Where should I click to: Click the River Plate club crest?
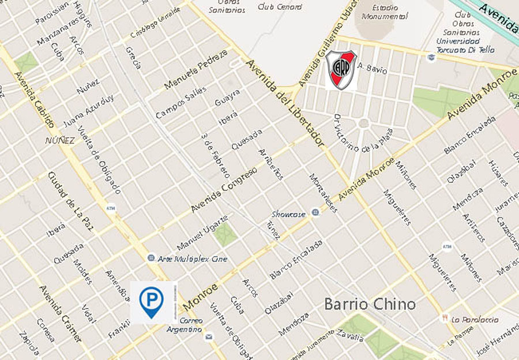coord(341,70)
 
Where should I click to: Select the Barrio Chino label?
coord(370,303)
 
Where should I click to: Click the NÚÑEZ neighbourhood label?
coord(60,140)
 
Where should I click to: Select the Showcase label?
coord(289,213)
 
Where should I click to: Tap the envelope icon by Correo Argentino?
coord(209,336)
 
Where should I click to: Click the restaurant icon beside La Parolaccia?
coord(445,318)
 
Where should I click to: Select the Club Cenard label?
coord(280,7)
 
